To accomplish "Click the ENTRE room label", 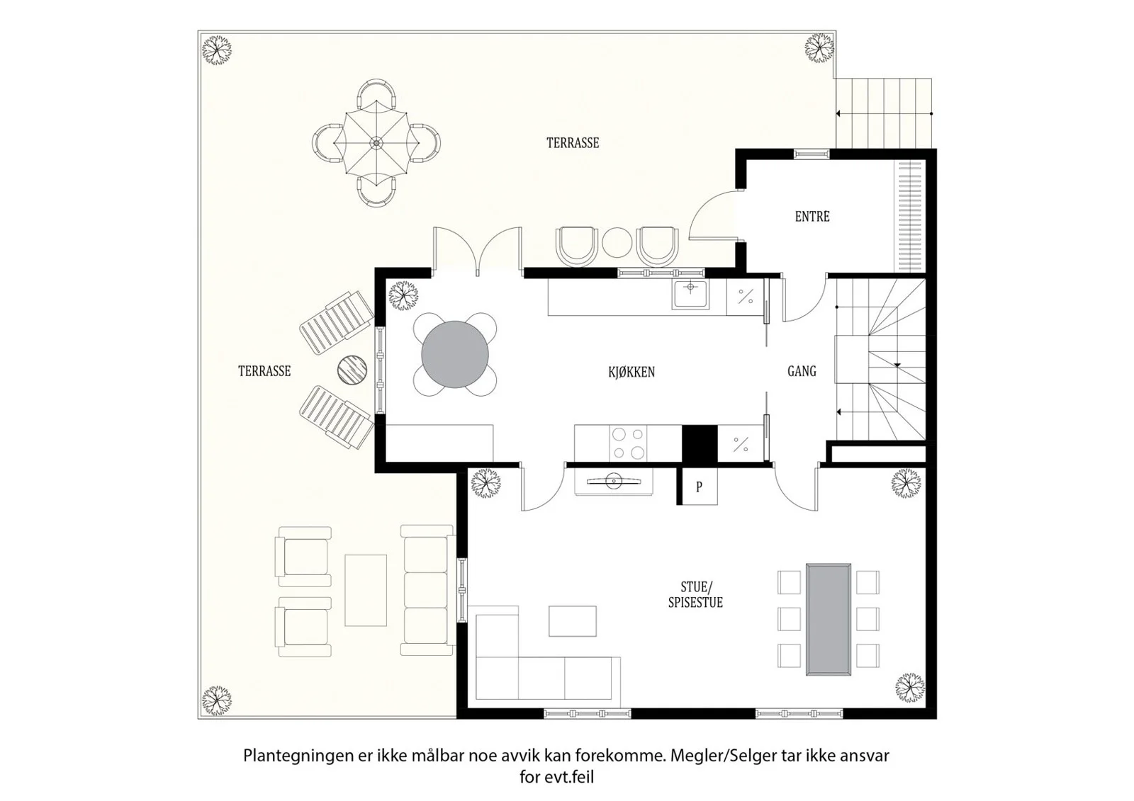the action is coord(812,217).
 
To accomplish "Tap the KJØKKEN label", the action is coord(631,372).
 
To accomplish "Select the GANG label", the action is coord(802,371).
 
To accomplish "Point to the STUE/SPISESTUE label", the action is coord(695,594).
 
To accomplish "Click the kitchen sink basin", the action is coord(690,294).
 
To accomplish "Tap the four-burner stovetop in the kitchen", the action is coord(628,443).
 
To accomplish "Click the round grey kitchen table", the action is coord(455,354).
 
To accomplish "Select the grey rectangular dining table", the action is coord(829,620).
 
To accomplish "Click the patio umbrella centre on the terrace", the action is coord(376,143).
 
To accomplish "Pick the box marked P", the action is coord(700,487).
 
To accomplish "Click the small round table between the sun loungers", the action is coord(352,370).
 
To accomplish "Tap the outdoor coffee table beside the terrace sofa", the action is coord(366,591).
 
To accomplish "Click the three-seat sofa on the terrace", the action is coord(427,591).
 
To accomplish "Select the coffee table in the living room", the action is coord(573,621).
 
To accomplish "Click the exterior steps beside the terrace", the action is coord(884,113).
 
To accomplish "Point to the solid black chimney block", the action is coord(700,444).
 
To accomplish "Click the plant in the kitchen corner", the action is coord(403,295).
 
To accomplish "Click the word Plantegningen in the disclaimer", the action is coord(298,756).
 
